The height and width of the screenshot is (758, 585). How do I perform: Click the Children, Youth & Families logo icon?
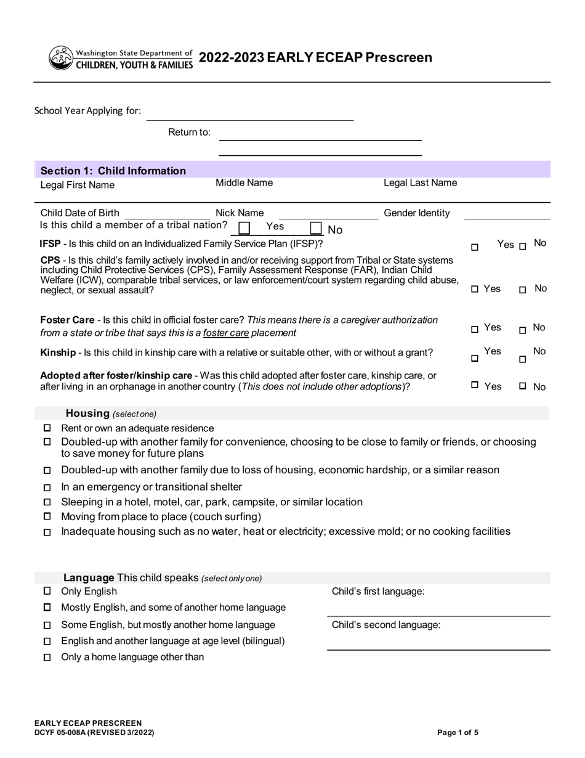[x=60, y=58]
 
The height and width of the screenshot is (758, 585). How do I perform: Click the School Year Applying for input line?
[x=249, y=114]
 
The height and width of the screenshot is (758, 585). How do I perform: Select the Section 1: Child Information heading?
[x=113, y=171]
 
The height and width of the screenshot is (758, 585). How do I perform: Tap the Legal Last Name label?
[x=420, y=183]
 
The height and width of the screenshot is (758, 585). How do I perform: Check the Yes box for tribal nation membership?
[x=244, y=229]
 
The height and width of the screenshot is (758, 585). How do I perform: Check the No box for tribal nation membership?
[x=316, y=229]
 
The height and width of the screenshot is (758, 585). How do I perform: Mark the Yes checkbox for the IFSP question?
[x=475, y=247]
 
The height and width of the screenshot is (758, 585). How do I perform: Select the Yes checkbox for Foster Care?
[x=475, y=330]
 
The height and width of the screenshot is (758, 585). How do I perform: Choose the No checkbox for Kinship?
[x=522, y=359]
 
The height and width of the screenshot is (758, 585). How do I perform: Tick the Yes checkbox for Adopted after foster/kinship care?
[x=475, y=385]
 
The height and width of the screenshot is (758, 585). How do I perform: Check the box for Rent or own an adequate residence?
[x=47, y=428]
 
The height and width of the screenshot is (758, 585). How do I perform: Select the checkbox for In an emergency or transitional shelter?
[x=47, y=487]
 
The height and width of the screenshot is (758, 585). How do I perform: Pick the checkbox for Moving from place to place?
[x=47, y=516]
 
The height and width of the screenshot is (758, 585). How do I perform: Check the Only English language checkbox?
[x=47, y=591]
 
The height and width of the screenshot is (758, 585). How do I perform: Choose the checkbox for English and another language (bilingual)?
[x=47, y=641]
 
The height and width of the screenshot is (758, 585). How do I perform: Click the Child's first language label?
[x=377, y=592]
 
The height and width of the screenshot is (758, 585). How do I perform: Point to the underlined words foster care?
[x=226, y=333]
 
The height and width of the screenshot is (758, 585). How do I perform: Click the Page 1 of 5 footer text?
[x=458, y=733]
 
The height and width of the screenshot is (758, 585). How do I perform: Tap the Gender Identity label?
[x=416, y=213]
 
